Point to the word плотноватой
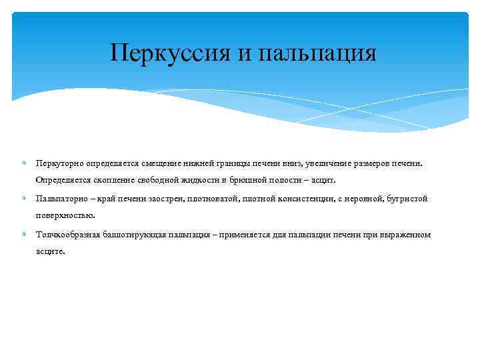click(x=203, y=199)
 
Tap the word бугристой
click(x=405, y=199)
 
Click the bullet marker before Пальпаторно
click(x=23, y=199)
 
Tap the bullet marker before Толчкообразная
click(x=23, y=235)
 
